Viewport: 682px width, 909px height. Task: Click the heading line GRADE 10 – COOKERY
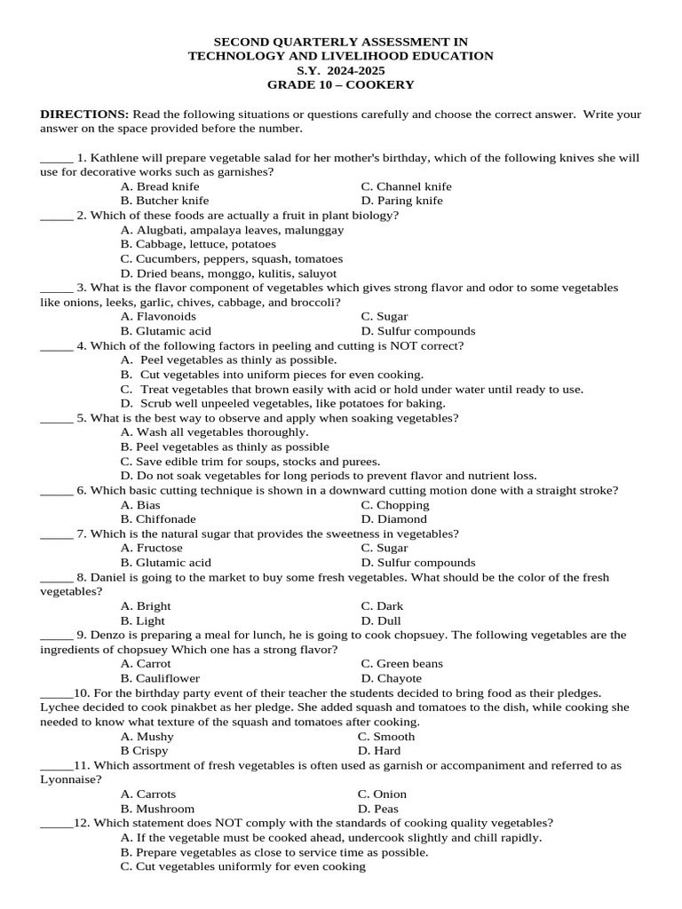pos(341,84)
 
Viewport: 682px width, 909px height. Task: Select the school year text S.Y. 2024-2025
pos(341,70)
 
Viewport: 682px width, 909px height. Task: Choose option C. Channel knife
pos(406,186)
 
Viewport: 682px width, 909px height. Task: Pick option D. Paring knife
pos(401,201)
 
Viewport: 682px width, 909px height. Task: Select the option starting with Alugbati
pos(232,230)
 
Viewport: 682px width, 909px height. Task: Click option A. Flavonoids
pos(158,316)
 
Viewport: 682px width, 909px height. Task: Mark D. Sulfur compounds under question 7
pos(417,563)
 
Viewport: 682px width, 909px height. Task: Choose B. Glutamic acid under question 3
pos(165,331)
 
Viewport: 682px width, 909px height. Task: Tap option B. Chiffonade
pos(158,519)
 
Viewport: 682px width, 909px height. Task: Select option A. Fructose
pos(152,548)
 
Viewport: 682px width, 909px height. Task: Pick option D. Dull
pos(381,620)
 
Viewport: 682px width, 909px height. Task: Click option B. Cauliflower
pos(160,678)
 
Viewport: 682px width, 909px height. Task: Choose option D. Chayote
pos(391,678)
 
